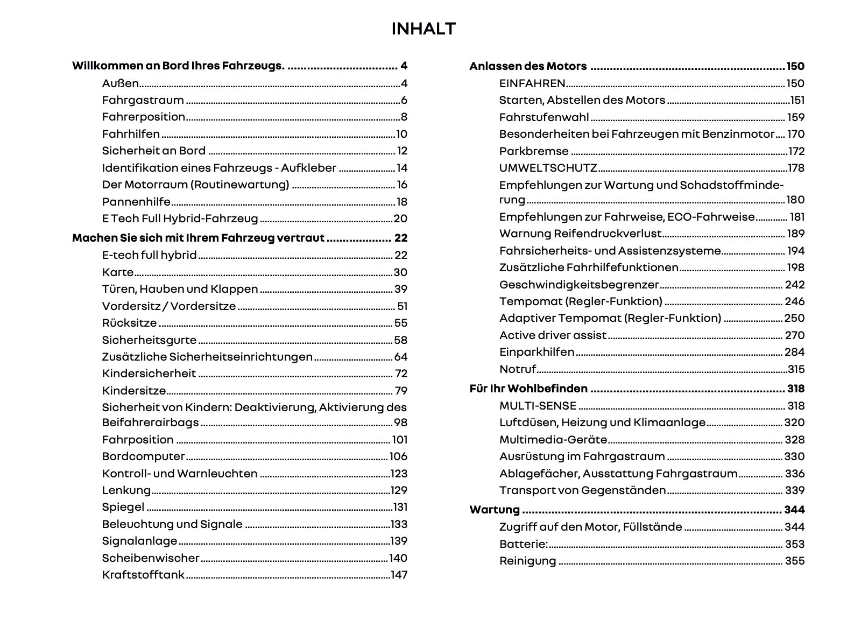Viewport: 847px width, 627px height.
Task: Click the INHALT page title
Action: click(424, 29)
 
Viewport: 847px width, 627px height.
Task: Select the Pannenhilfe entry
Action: click(136, 202)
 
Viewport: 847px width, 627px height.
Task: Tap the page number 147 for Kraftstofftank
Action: click(399, 575)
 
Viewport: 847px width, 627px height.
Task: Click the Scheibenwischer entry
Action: click(151, 558)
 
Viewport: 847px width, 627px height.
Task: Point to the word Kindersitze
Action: click(134, 391)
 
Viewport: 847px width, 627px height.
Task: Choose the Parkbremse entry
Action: click(534, 151)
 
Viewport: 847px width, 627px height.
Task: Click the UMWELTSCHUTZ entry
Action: click(548, 168)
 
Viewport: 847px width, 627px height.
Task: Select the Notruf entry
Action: click(518, 369)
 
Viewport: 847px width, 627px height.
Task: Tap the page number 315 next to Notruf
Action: click(796, 369)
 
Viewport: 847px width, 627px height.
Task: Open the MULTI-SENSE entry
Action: click(538, 406)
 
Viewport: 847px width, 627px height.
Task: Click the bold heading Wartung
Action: click(495, 510)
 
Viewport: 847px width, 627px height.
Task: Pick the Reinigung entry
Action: click(527, 561)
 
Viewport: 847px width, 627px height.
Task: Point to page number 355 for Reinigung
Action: click(795, 561)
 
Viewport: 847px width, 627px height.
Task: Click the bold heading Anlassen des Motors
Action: click(528, 66)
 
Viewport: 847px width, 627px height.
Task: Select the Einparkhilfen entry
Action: click(537, 352)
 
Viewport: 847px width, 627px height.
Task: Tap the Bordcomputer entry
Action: click(143, 456)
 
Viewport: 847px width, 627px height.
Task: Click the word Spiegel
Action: click(123, 507)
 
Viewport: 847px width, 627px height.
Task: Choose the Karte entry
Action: click(118, 272)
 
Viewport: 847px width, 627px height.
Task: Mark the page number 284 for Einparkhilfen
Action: click(795, 352)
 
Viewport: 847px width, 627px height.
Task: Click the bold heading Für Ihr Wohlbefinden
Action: click(528, 389)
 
